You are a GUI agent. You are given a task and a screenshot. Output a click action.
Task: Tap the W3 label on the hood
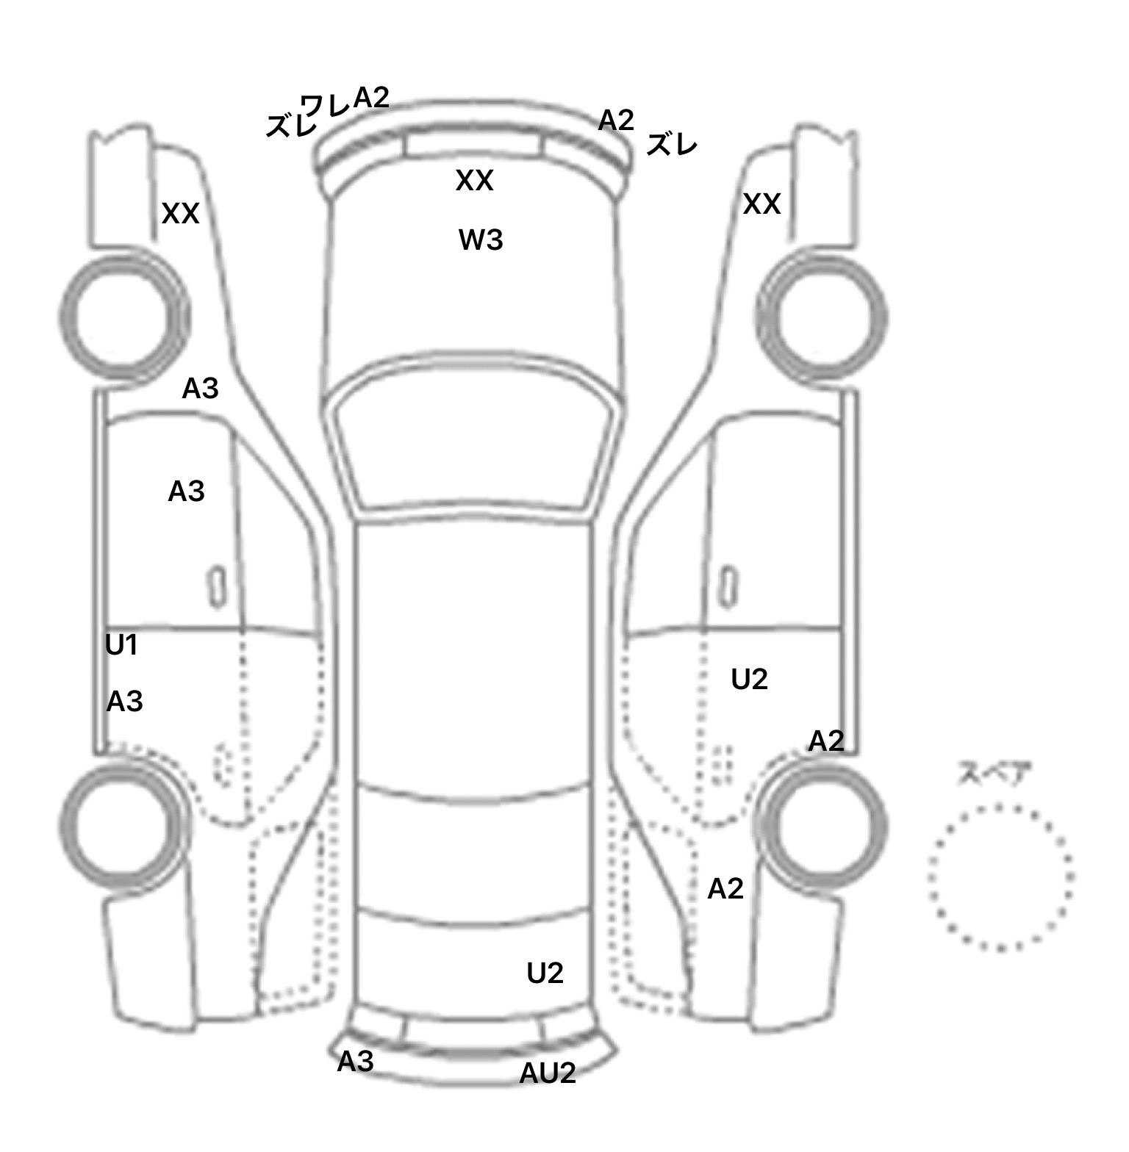tap(481, 240)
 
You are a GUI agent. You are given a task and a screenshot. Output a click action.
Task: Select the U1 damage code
tap(122, 645)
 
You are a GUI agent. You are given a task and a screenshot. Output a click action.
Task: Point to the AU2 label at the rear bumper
tap(548, 1073)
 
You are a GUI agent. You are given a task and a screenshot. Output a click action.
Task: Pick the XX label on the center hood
tap(474, 181)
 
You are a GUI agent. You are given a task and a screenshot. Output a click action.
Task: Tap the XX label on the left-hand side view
tap(181, 214)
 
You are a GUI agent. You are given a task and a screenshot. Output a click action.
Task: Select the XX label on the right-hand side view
tap(761, 204)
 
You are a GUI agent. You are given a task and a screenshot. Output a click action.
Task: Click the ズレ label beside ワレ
tap(290, 126)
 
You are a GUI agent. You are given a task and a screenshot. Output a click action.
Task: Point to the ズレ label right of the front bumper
tap(671, 145)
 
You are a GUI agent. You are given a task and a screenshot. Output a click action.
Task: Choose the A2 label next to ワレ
tap(371, 97)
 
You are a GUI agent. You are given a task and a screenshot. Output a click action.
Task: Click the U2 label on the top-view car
tap(545, 973)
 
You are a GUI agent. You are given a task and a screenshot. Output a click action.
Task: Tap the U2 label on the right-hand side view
tap(750, 680)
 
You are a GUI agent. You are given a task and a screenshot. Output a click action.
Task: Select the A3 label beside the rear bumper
tap(356, 1061)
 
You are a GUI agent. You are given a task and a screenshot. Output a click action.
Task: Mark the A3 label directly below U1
tap(124, 702)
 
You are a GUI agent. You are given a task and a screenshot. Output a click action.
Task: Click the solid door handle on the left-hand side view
tap(217, 586)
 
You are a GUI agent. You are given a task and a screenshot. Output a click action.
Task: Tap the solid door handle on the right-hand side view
tap(728, 586)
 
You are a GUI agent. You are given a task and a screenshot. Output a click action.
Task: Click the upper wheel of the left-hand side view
tap(123, 317)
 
